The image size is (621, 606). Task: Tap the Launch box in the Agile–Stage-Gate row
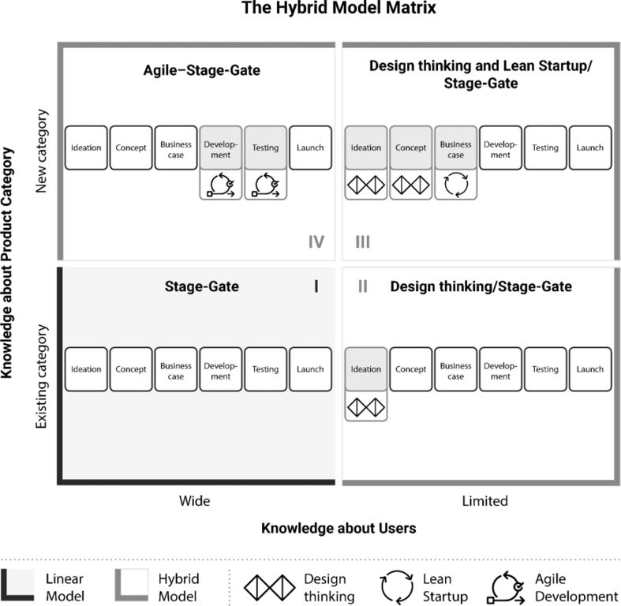[310, 148]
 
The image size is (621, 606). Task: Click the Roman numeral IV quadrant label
[316, 241]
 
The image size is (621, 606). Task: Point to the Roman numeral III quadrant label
[362, 241]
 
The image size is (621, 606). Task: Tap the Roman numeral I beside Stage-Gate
[316, 286]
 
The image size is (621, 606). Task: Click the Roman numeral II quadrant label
[362, 286]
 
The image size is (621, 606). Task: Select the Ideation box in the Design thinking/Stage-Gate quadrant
[366, 369]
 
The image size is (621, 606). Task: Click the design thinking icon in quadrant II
[366, 406]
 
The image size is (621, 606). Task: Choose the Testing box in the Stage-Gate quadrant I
[265, 369]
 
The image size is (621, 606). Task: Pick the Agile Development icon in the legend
[506, 585]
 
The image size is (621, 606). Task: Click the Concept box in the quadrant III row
[411, 148]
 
